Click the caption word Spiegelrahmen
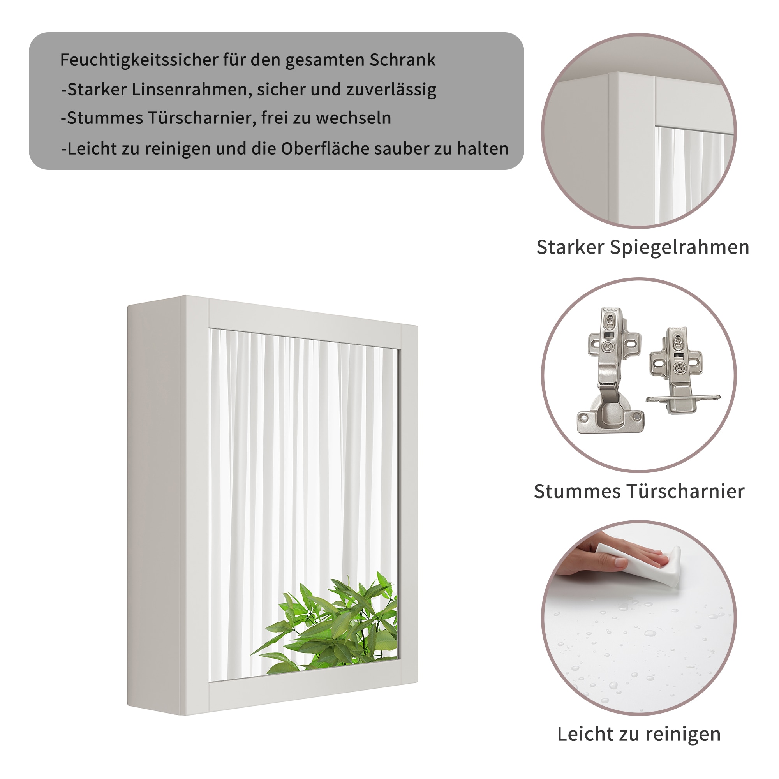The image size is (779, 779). [x=679, y=248]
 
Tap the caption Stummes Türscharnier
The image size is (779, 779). [x=639, y=492]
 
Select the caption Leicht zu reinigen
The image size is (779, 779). [x=639, y=734]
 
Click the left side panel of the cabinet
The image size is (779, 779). [x=153, y=504]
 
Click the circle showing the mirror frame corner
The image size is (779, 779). [x=639, y=131]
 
